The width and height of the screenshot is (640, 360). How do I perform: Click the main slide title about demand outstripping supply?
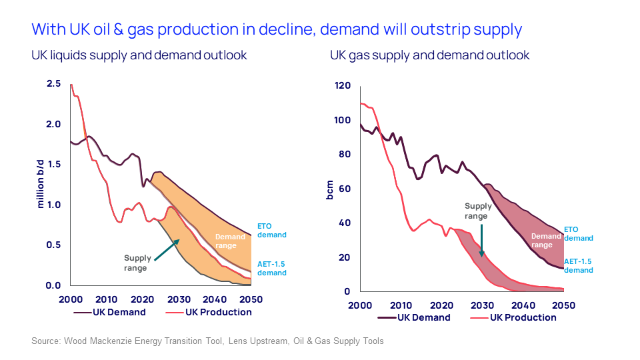coord(276,29)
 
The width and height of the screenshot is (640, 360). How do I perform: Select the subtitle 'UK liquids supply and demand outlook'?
coord(139,55)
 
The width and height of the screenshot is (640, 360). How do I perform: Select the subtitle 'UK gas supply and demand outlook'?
coord(429,55)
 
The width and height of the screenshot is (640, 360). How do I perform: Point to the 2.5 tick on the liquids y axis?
coord(53,84)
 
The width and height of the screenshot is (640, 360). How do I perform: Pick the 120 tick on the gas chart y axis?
coord(342,86)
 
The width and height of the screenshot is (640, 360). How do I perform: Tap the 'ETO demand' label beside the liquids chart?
coord(271,231)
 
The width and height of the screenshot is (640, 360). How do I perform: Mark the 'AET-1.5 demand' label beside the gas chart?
coord(578,266)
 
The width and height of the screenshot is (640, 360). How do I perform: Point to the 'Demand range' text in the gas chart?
coord(546,240)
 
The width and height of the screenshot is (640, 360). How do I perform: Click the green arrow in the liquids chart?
coord(167,250)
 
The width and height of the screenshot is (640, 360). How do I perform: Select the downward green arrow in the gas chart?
coord(481,240)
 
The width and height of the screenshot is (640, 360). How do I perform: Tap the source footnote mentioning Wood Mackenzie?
coord(207,341)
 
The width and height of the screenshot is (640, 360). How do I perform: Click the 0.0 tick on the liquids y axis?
coord(53,286)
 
